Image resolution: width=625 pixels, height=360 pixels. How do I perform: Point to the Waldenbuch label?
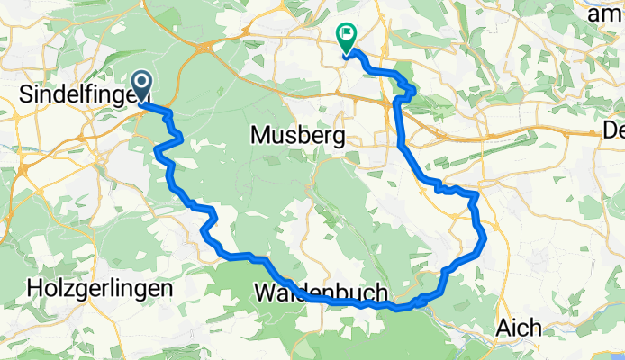[x=322, y=293]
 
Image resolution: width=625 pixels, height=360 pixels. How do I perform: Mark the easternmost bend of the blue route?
[x=485, y=238]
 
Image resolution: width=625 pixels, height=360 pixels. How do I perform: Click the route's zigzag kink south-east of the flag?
[x=411, y=90]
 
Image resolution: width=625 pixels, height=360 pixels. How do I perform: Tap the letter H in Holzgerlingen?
[x=35, y=289]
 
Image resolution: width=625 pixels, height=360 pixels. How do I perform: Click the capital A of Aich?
[x=501, y=329]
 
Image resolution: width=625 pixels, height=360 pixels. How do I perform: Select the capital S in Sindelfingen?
[x=24, y=92]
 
